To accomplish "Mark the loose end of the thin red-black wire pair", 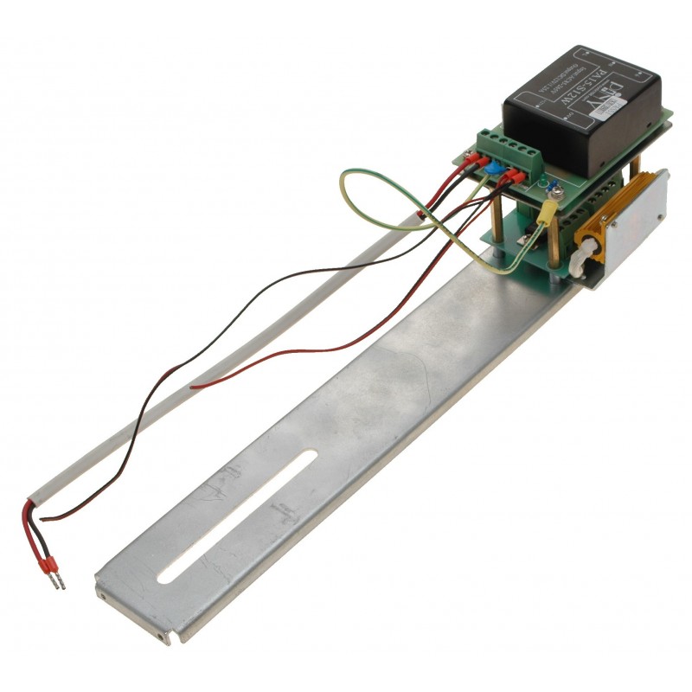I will [x=195, y=386].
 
